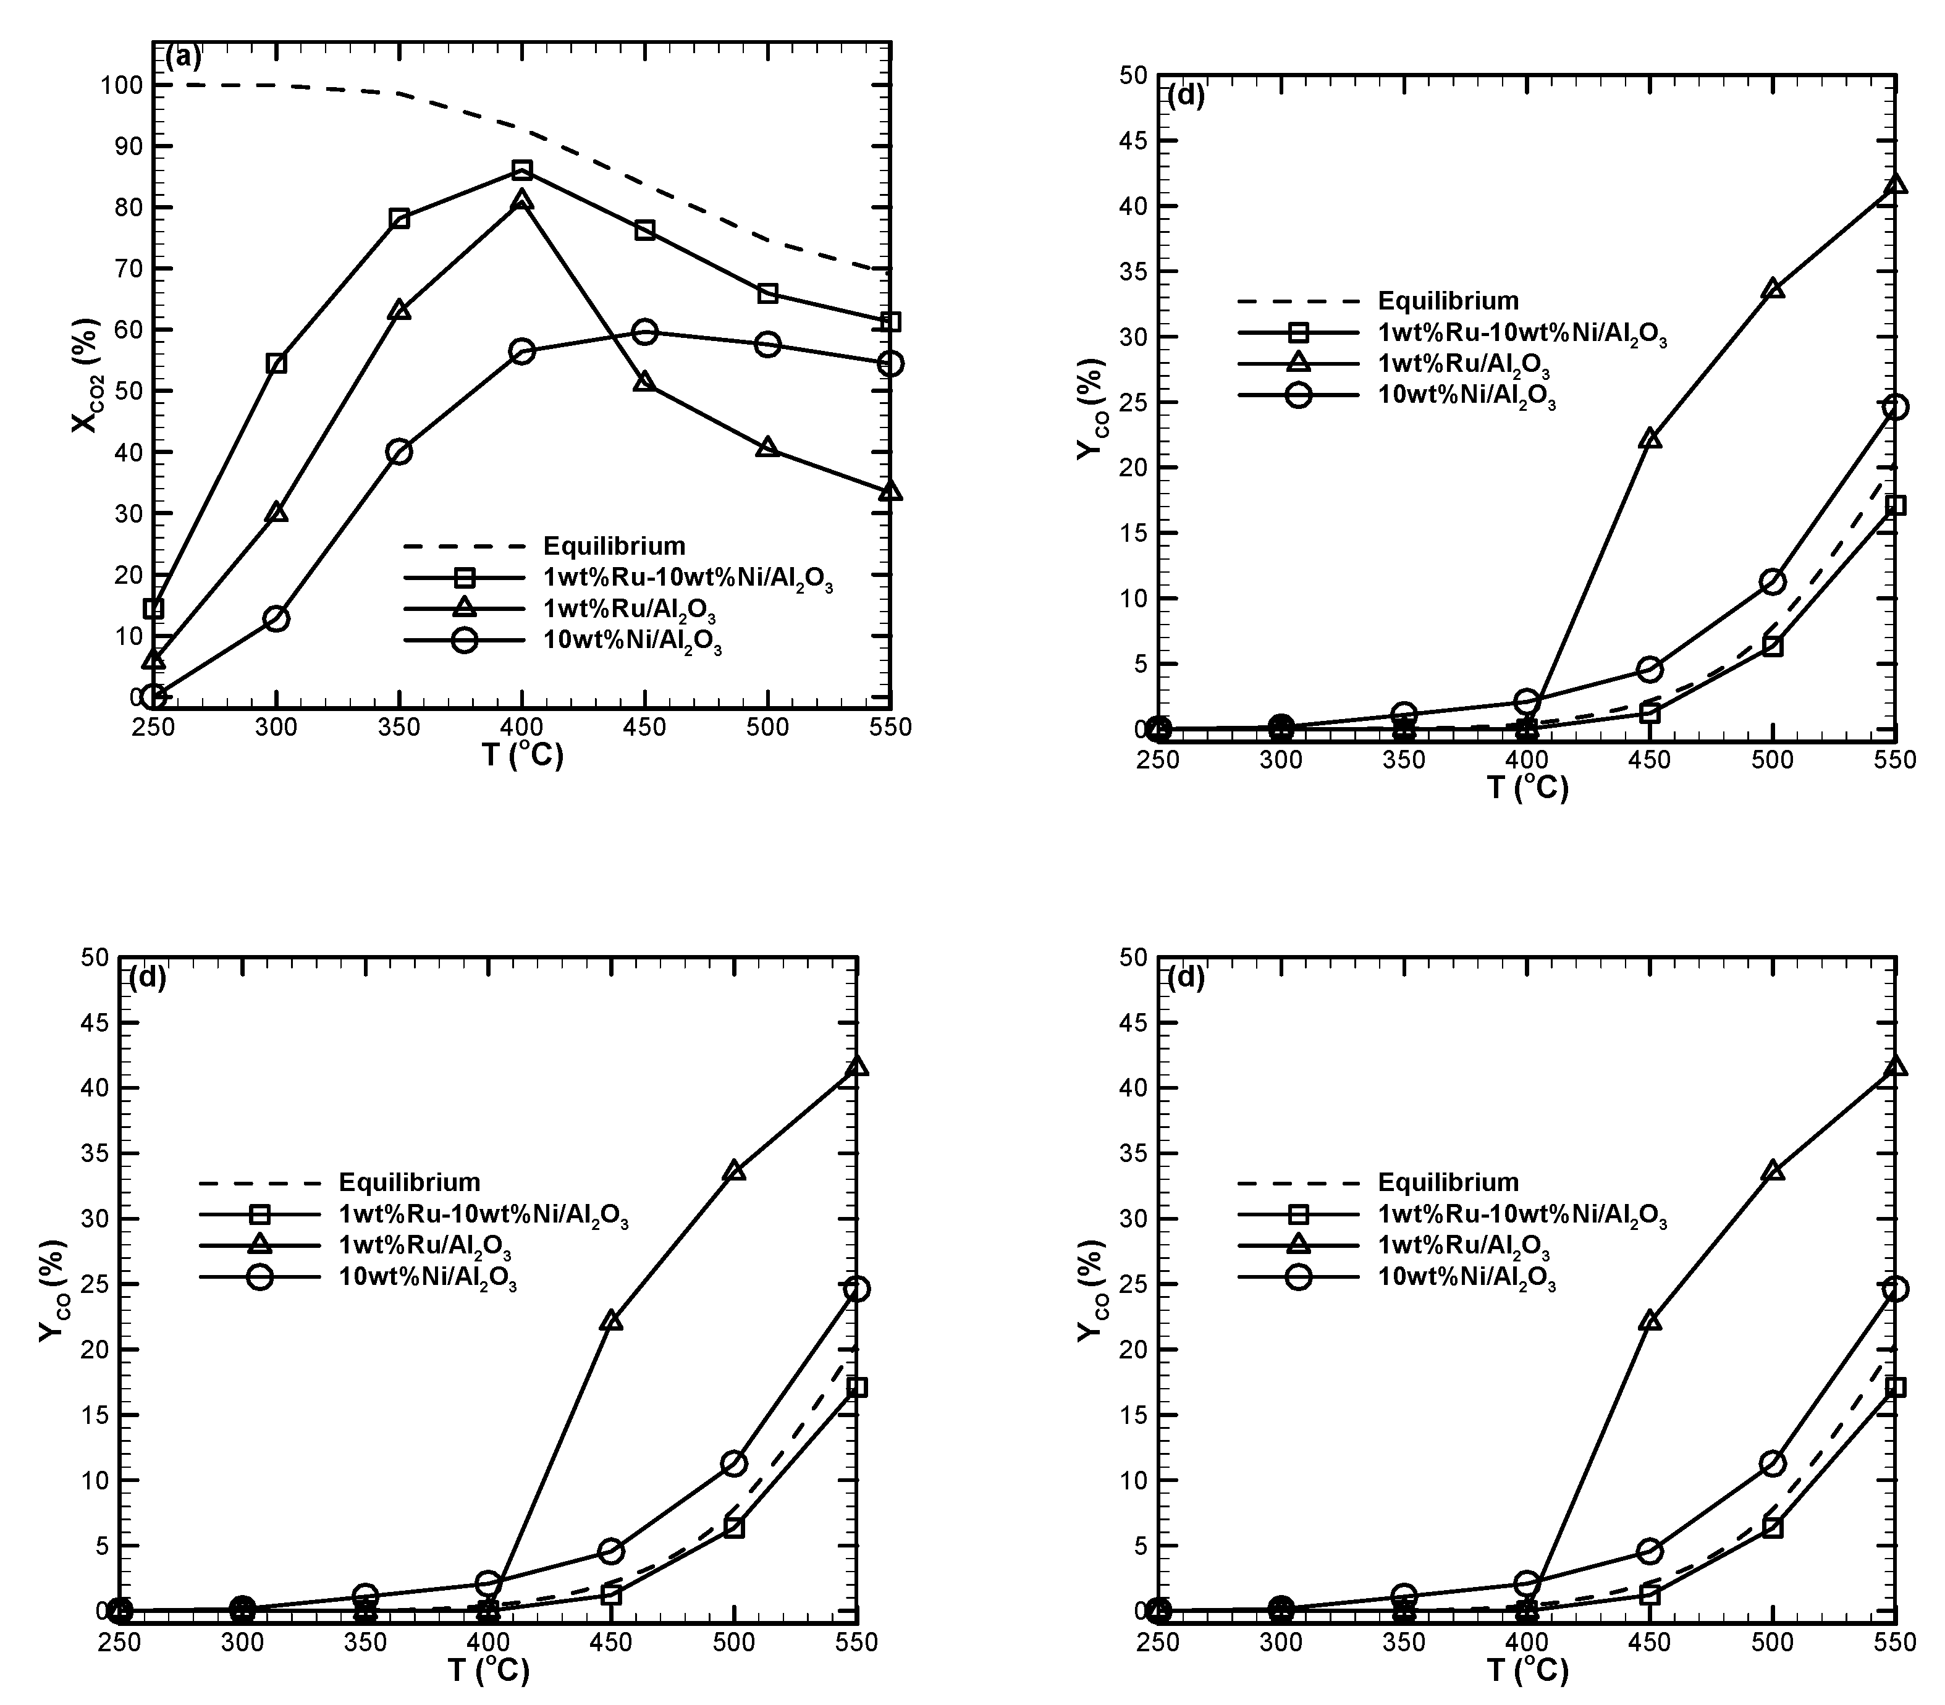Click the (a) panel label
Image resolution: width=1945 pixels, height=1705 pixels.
point(184,58)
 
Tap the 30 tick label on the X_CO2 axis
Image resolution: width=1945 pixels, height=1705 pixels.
point(129,514)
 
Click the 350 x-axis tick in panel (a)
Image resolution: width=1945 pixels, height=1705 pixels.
point(400,728)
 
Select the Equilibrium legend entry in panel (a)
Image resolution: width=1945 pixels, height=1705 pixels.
point(614,546)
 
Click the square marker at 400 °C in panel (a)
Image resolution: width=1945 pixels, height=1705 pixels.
point(521,170)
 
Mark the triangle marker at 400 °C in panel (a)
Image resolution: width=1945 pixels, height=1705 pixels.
point(521,201)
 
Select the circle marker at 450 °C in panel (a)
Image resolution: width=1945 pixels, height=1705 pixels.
point(644,332)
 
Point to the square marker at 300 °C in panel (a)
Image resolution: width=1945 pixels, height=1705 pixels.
point(277,363)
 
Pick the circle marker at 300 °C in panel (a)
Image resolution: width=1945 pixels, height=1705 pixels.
point(277,618)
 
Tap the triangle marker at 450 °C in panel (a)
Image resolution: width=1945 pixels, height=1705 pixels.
point(644,382)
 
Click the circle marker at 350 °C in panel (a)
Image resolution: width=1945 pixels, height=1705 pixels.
point(400,452)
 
